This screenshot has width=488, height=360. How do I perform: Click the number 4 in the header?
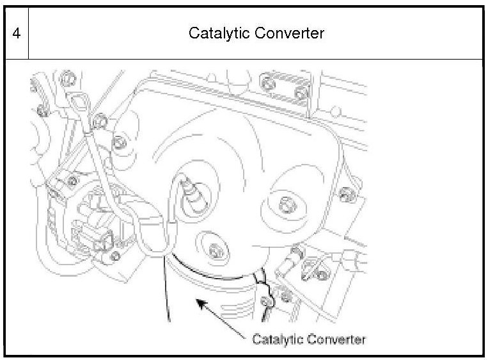click(x=15, y=33)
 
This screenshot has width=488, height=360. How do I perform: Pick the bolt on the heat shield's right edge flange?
click(x=346, y=192)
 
